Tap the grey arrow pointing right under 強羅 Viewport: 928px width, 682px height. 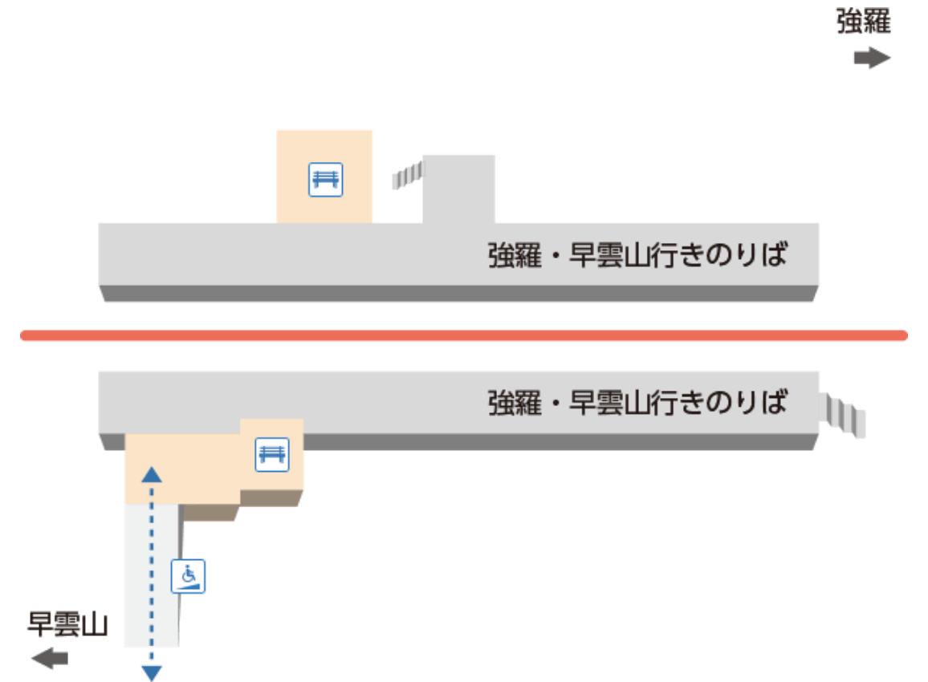point(872,59)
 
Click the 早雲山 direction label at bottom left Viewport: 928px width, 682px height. point(67,624)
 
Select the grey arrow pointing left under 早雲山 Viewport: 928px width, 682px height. point(49,659)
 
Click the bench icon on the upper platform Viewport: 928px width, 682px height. point(325,179)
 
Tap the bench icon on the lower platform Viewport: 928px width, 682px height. point(271,454)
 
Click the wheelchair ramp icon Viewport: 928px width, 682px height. point(189,576)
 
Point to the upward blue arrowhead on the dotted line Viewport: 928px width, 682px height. point(152,474)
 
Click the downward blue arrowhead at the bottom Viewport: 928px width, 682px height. point(152,672)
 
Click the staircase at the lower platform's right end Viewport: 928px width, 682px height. point(845,416)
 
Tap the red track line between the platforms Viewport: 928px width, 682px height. point(464,335)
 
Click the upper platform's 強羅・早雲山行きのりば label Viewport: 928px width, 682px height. point(637,256)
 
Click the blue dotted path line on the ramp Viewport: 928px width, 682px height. point(152,562)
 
